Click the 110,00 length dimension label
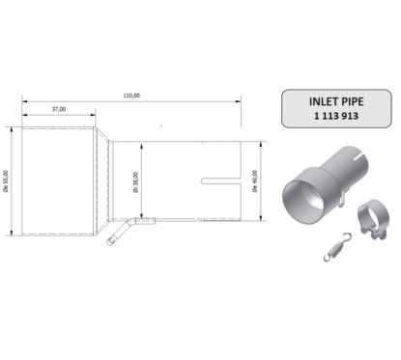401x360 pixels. coord(131,95)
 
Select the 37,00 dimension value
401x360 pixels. coord(59,109)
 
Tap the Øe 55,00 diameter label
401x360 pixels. coord(9,180)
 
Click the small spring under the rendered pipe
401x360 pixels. coord(334,247)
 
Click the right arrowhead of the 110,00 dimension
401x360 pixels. coord(243,100)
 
